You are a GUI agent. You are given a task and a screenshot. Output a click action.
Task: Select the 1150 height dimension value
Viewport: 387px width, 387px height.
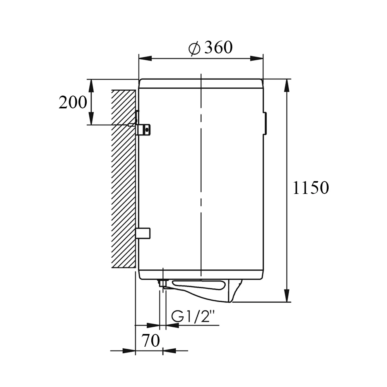(x=311, y=188)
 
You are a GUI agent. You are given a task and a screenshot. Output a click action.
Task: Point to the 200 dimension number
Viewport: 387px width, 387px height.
(x=73, y=102)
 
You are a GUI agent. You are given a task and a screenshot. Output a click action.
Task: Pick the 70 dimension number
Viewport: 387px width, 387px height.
(x=151, y=341)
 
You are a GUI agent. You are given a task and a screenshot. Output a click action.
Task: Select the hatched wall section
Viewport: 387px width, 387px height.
(x=123, y=178)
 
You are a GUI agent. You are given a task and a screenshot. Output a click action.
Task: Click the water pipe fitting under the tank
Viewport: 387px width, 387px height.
(x=163, y=283)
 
